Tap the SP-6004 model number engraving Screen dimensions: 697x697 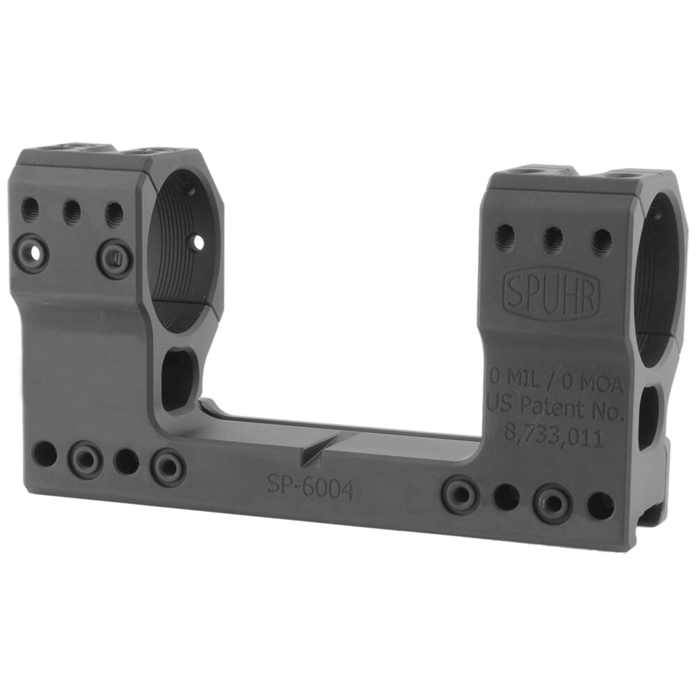(311, 487)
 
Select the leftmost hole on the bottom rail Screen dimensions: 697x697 (45, 453)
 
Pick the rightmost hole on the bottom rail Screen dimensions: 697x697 (600, 507)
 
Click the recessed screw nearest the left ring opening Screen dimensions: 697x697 (115, 258)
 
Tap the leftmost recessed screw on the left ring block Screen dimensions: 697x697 (32, 253)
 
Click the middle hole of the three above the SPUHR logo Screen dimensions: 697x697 (553, 240)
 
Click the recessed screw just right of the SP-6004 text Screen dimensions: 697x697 (460, 494)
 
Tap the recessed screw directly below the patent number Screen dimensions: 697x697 (553, 503)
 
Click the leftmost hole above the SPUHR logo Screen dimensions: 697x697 (506, 237)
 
